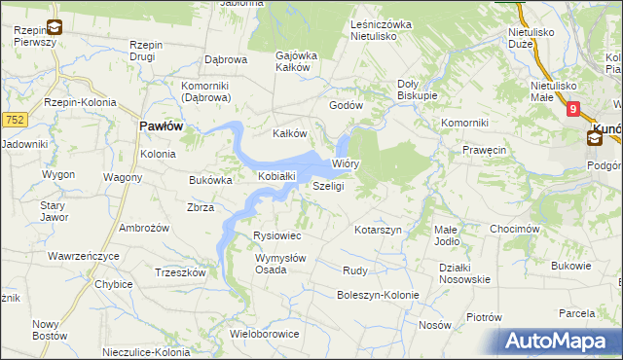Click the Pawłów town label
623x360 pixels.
162,126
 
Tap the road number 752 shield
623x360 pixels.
14,119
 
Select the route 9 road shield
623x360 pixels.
574,110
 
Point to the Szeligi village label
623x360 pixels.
328,186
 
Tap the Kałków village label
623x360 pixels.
289,133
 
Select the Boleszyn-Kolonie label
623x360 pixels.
378,295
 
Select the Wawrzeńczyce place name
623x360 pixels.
83,256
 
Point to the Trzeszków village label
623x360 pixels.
180,273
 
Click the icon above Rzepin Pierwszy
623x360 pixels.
55,26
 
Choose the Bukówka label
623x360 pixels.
210,180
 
